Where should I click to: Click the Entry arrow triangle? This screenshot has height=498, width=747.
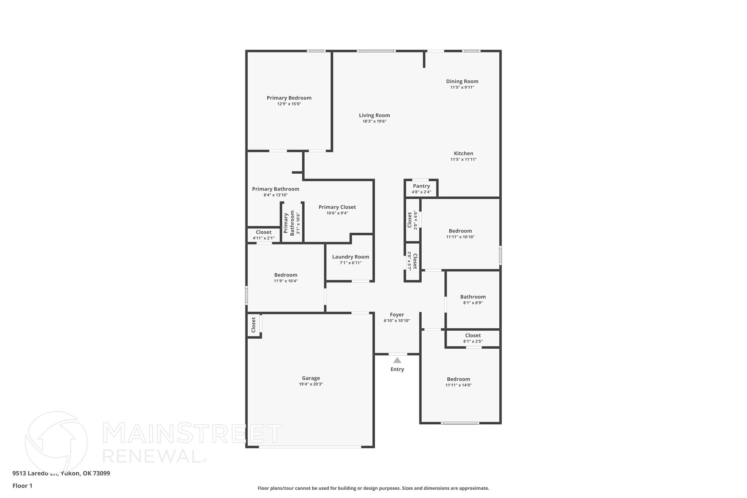pyautogui.click(x=397, y=360)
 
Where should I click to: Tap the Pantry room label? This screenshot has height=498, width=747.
pyautogui.click(x=421, y=186)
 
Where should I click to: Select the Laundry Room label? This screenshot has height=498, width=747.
pyautogui.click(x=351, y=257)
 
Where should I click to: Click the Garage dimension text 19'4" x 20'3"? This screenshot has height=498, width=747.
pyautogui.click(x=311, y=384)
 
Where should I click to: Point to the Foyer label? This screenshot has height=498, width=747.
pyautogui.click(x=397, y=314)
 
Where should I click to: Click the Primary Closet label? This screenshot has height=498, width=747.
pyautogui.click(x=337, y=207)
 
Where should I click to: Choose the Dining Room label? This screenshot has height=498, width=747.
pyautogui.click(x=462, y=81)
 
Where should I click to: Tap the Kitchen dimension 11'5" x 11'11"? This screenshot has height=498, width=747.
pyautogui.click(x=463, y=159)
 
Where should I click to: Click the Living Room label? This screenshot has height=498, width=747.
pyautogui.click(x=374, y=115)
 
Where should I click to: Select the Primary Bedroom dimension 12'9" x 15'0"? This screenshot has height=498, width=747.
pyautogui.click(x=289, y=104)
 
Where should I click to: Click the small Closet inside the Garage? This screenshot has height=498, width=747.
pyautogui.click(x=253, y=325)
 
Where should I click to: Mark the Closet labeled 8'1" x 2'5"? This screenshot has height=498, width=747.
pyautogui.click(x=473, y=336)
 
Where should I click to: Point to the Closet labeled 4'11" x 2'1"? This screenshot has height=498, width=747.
pyautogui.click(x=263, y=232)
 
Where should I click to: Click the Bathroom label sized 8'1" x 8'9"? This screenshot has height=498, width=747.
pyautogui.click(x=473, y=297)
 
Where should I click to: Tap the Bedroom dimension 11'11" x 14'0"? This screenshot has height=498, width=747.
pyautogui.click(x=458, y=385)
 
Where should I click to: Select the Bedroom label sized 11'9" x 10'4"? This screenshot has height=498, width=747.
pyautogui.click(x=286, y=275)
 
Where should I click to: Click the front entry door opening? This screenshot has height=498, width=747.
pyautogui.click(x=398, y=354)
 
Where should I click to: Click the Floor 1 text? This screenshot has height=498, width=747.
pyautogui.click(x=22, y=486)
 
